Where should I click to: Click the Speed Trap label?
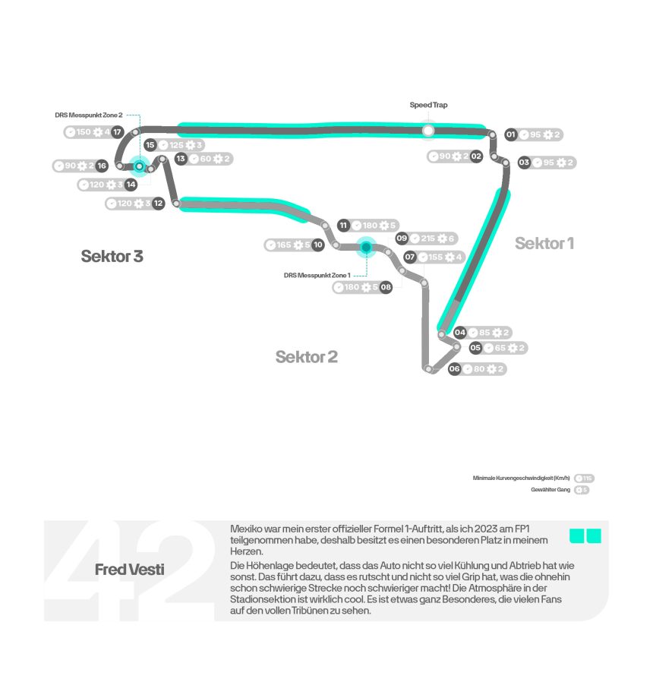point(428,106)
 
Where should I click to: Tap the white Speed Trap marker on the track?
point(429,131)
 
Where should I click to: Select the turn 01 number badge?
point(511,135)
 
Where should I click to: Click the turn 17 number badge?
point(118,132)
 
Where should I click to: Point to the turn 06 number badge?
point(455,369)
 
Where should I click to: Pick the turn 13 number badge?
point(181,159)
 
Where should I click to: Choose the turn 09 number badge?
point(402,238)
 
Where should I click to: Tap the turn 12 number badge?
point(158,204)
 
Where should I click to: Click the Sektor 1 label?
point(544,243)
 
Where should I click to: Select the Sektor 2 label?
point(307,357)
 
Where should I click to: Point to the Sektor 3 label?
point(112,256)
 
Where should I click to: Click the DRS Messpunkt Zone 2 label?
point(89,115)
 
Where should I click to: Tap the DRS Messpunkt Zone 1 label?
point(317,274)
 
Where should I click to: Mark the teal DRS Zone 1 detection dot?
point(366,247)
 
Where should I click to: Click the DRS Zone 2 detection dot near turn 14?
point(139,166)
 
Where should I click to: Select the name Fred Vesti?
point(129,570)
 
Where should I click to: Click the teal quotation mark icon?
point(585,536)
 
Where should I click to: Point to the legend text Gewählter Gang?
point(551,490)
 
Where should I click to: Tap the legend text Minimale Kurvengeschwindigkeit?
point(521,478)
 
